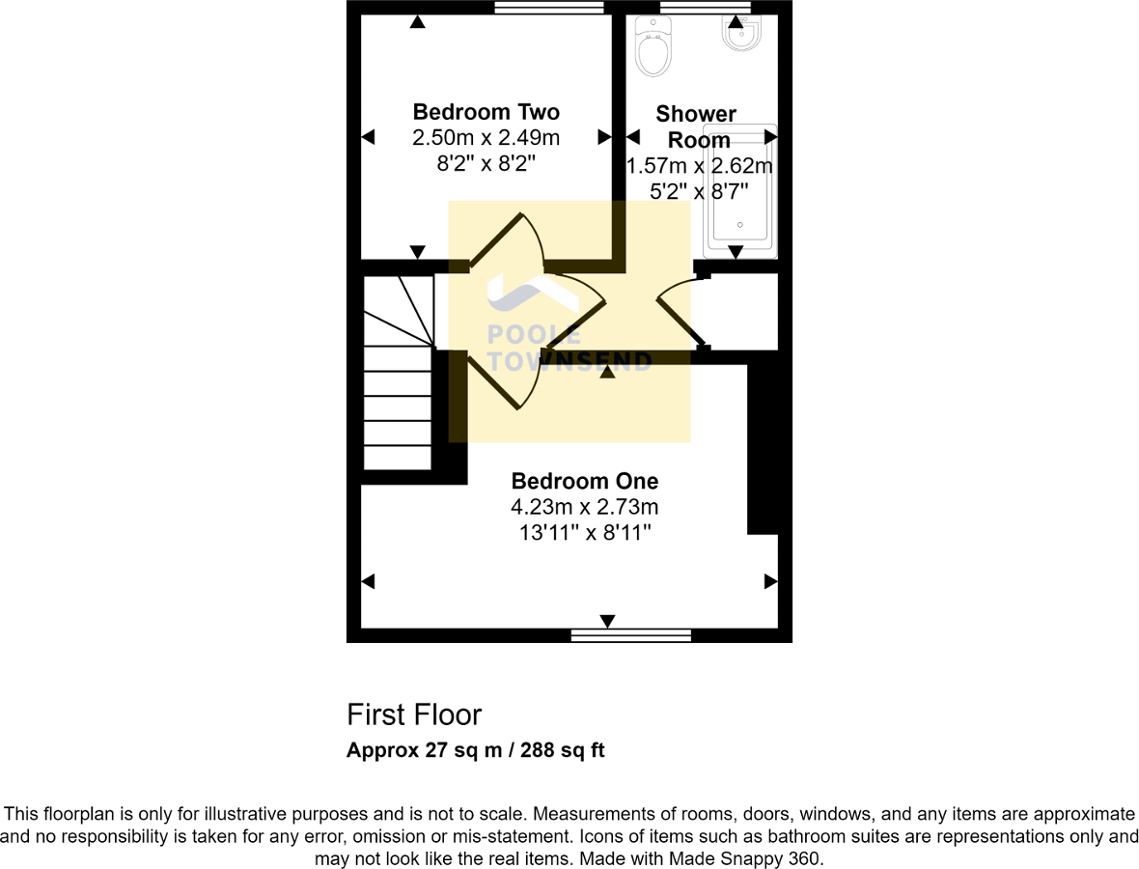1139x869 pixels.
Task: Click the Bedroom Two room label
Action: pyautogui.click(x=486, y=111)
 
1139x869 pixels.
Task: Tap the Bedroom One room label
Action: pyautogui.click(x=584, y=481)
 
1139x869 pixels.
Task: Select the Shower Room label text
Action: pyautogui.click(x=696, y=126)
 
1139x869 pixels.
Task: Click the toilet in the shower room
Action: pyautogui.click(x=653, y=48)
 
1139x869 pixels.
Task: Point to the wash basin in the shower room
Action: pyautogui.click(x=741, y=35)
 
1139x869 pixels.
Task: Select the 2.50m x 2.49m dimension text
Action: pyautogui.click(x=486, y=138)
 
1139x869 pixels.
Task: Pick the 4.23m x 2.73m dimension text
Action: pyautogui.click(x=584, y=507)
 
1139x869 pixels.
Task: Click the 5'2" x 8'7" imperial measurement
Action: pyautogui.click(x=700, y=192)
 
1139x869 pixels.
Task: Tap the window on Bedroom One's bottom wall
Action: pyautogui.click(x=630, y=634)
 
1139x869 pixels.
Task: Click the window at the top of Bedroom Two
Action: pyautogui.click(x=549, y=8)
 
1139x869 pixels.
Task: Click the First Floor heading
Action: pyautogui.click(x=414, y=715)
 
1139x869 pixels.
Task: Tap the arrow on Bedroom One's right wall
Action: pyautogui.click(x=770, y=581)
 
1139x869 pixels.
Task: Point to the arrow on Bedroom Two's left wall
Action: pyautogui.click(x=368, y=138)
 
